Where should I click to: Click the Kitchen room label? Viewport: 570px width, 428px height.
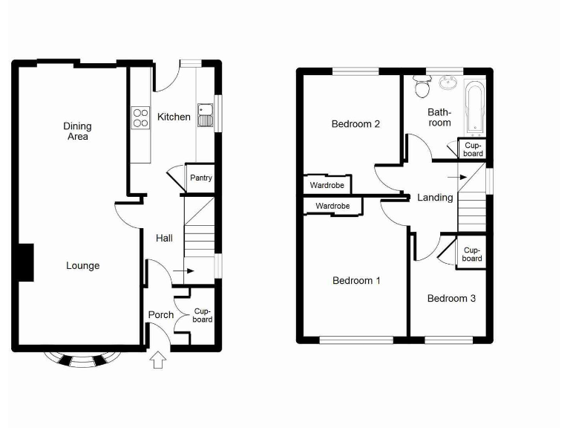(174, 117)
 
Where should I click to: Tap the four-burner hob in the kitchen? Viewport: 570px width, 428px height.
(140, 117)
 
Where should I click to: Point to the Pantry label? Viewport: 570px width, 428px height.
(200, 178)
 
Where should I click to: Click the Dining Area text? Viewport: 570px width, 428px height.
(76, 132)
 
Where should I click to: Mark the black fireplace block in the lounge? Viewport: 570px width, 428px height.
(25, 262)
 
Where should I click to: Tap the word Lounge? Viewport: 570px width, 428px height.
(82, 266)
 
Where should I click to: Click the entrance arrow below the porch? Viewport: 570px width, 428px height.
(157, 362)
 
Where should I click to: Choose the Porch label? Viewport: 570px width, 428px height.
(161, 315)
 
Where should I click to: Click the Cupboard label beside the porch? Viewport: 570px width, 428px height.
(202, 315)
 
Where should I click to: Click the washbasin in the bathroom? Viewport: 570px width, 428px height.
(448, 83)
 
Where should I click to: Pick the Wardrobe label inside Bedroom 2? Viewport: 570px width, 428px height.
(325, 184)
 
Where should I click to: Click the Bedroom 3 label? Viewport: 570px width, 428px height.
(451, 299)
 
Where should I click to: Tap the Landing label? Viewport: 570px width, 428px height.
(435, 198)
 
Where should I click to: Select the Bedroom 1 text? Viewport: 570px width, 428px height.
(356, 281)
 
